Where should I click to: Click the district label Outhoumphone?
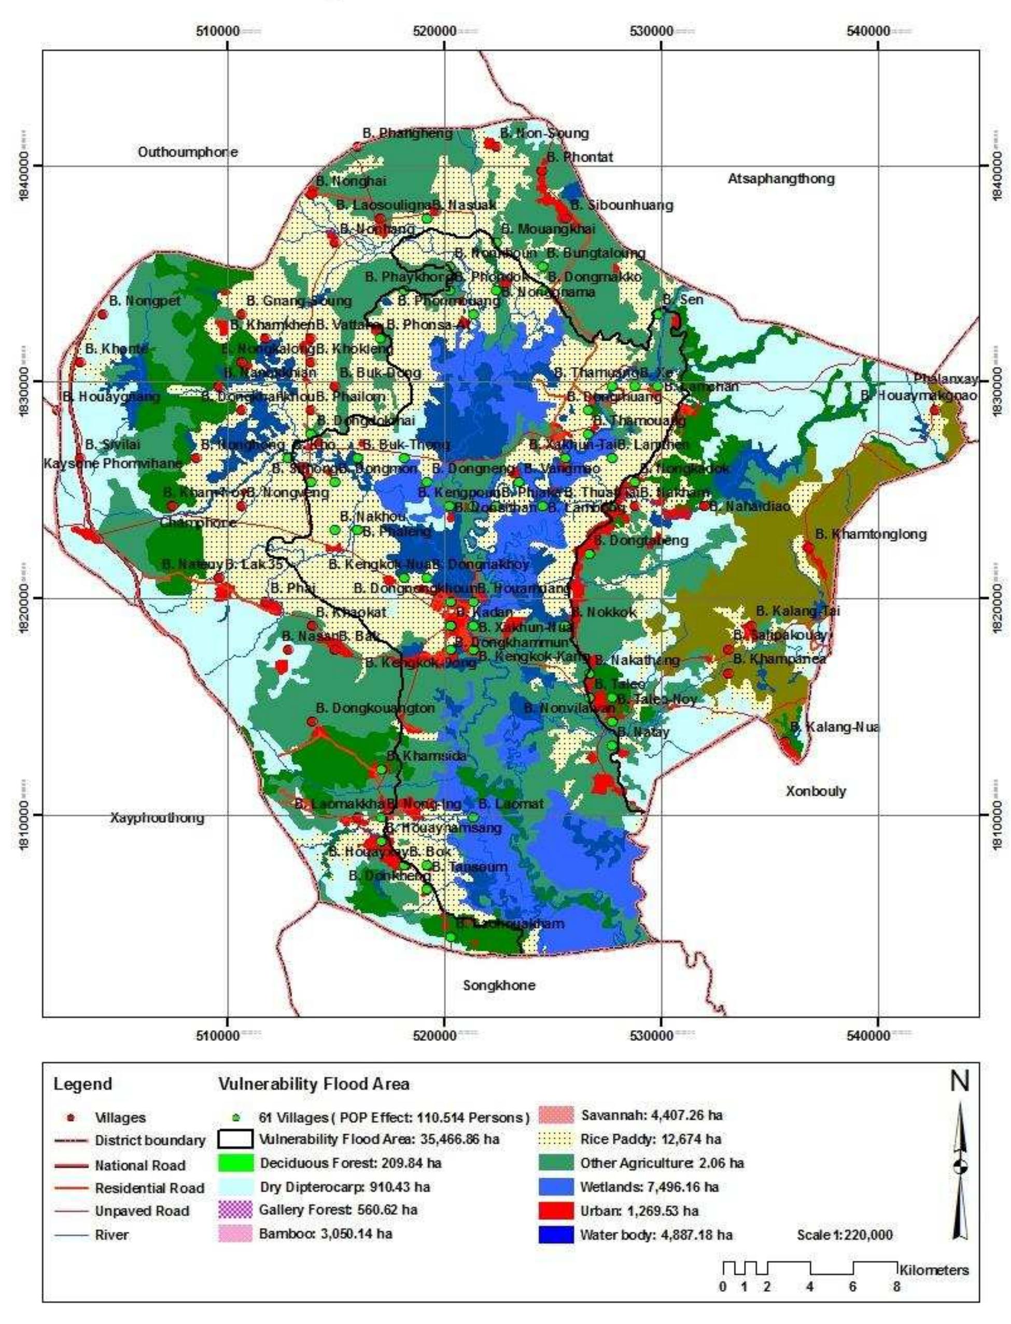188,152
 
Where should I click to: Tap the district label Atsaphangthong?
781,179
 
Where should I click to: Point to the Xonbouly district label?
816,791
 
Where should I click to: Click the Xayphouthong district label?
157,818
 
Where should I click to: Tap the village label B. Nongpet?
145,301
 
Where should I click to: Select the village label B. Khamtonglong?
871,534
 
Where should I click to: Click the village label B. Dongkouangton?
375,708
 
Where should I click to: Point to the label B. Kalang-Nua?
835,727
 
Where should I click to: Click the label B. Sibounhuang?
622,205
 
